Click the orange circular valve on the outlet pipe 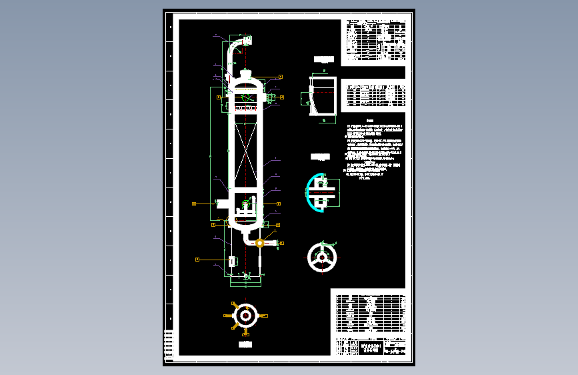coord(259,243)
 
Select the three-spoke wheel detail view coord(323,257)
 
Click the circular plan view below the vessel coord(245,316)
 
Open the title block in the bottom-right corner coord(368,347)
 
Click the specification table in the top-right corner coord(375,40)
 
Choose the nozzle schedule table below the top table coord(375,95)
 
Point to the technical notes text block coord(373,152)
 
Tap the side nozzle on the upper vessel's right coord(270,99)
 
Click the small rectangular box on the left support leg coord(231,261)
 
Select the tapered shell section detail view coord(323,95)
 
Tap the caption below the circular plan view coord(245,344)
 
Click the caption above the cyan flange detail coord(321,157)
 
